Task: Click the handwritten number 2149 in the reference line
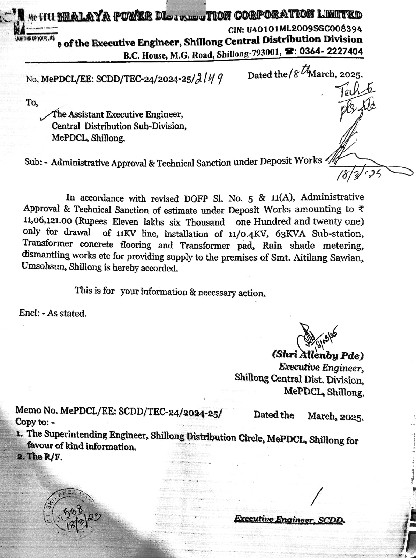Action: pyautogui.click(x=209, y=79)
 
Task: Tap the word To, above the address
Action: pyautogui.click(x=32, y=103)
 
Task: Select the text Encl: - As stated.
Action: pyautogui.click(x=53, y=313)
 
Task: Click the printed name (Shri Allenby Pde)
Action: pyautogui.click(x=318, y=355)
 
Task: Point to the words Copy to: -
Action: pyautogui.click(x=35, y=422)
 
